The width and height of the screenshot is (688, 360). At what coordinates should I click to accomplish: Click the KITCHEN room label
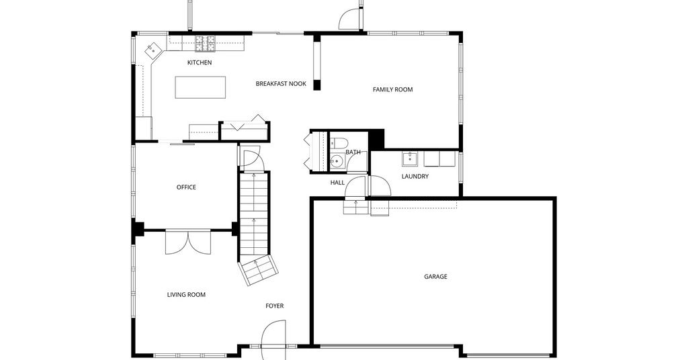tap(200, 62)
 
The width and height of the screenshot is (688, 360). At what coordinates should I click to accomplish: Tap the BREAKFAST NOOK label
tap(281, 84)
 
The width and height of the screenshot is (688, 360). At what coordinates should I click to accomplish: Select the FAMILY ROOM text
tap(392, 89)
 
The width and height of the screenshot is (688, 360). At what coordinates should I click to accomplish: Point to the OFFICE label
tap(186, 187)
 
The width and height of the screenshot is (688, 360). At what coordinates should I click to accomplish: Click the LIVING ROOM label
tap(186, 295)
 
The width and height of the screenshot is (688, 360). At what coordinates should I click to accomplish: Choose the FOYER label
tap(275, 306)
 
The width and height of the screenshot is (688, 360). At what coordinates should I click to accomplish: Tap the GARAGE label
tap(435, 277)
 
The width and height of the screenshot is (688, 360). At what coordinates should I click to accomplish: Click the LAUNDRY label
tap(415, 177)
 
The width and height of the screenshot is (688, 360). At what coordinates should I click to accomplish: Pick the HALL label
tap(337, 183)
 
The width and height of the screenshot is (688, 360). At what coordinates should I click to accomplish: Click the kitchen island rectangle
tap(200, 87)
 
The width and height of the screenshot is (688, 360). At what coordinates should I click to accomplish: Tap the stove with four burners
tap(206, 44)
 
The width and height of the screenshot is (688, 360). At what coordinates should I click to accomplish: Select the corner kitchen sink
tap(153, 50)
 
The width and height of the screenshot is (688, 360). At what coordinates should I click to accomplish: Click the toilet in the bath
tap(339, 142)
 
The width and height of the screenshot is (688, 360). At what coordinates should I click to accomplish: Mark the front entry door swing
tap(273, 340)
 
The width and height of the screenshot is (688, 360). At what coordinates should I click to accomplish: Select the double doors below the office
tap(188, 242)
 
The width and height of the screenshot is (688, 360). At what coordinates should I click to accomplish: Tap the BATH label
tap(353, 152)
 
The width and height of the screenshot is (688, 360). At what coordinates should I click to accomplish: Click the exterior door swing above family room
tap(349, 19)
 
